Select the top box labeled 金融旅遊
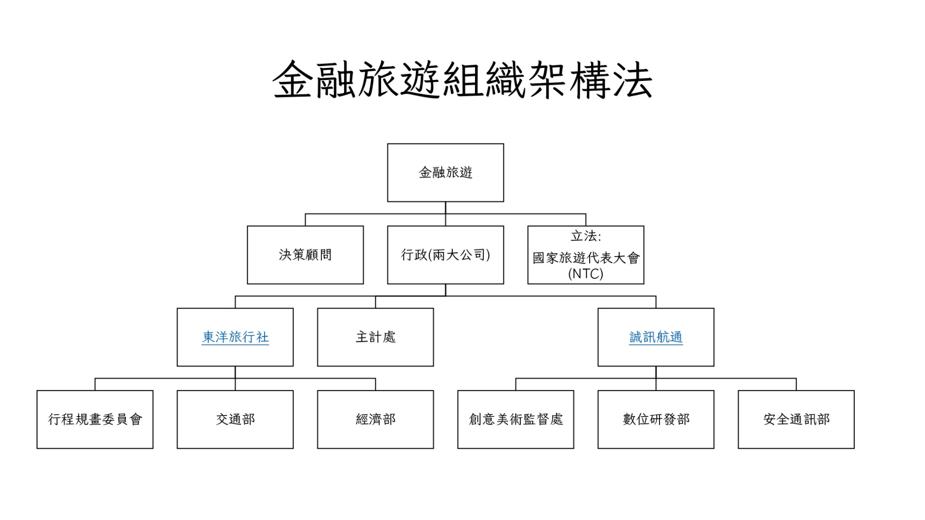point(445,172)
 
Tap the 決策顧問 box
point(305,255)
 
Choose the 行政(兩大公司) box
point(445,255)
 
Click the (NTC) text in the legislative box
point(585,274)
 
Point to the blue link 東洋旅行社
point(235,337)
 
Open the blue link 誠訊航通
point(656,337)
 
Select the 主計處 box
point(375,337)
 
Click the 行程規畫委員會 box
point(95,419)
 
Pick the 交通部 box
point(235,419)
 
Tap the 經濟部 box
point(375,419)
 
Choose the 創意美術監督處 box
point(515,419)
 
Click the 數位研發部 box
point(656,419)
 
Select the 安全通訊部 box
point(796,419)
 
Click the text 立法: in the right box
point(585,236)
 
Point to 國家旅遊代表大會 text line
point(585,258)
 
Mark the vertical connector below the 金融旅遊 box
point(445,208)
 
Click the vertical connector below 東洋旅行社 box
point(235,372)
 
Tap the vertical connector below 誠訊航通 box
point(656,372)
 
